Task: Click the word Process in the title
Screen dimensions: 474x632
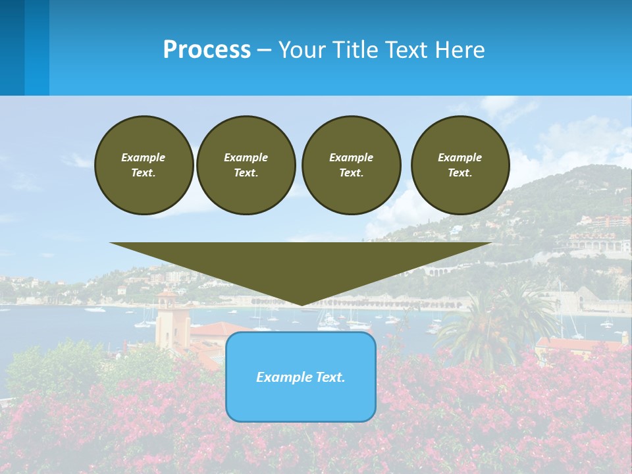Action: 207,49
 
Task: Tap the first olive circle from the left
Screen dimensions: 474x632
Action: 144,165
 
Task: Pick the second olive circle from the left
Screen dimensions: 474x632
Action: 246,165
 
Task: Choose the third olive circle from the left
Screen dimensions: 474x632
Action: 351,165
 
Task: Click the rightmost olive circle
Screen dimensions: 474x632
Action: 460,165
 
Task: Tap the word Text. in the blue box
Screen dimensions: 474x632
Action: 329,377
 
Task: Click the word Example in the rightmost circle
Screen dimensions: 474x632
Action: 460,157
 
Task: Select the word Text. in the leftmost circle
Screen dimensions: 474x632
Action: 144,173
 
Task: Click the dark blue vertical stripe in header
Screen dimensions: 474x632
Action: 13,47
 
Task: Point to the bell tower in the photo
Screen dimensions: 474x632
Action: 167,316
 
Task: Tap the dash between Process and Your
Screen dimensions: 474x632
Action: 265,50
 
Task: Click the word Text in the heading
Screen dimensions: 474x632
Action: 406,49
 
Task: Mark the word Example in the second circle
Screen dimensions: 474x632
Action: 246,157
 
